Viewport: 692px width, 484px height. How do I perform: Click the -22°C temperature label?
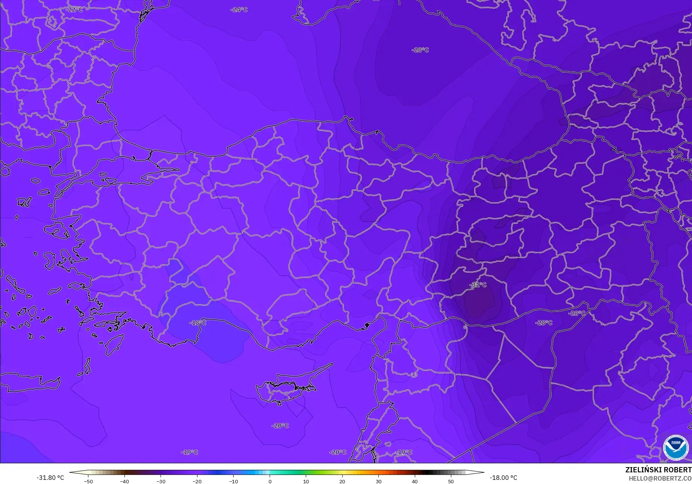coord(74,9)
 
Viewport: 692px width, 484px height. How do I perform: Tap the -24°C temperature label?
coord(239,9)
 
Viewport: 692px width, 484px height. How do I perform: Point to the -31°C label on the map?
coord(478,285)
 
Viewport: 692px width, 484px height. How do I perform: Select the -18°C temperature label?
coord(198,323)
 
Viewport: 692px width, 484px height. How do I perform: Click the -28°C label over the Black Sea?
coord(420,50)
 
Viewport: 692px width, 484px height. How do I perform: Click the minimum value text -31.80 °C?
coord(50,478)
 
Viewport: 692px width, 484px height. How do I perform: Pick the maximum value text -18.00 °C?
coord(503,478)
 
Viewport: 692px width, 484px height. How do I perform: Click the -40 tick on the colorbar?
coord(124,481)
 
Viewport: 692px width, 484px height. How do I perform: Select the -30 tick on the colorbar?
coord(161,481)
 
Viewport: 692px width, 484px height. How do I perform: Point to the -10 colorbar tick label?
coord(234,481)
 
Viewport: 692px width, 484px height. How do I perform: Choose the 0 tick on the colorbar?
coord(270,481)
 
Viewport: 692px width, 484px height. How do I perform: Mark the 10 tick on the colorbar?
coord(306,481)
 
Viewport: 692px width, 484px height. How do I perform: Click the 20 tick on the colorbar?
coord(342,481)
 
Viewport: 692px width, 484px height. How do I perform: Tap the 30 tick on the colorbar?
coord(378,481)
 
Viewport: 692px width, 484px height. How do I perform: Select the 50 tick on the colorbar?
coord(451,481)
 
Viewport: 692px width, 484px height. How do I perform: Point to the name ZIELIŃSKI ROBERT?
coord(658,470)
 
